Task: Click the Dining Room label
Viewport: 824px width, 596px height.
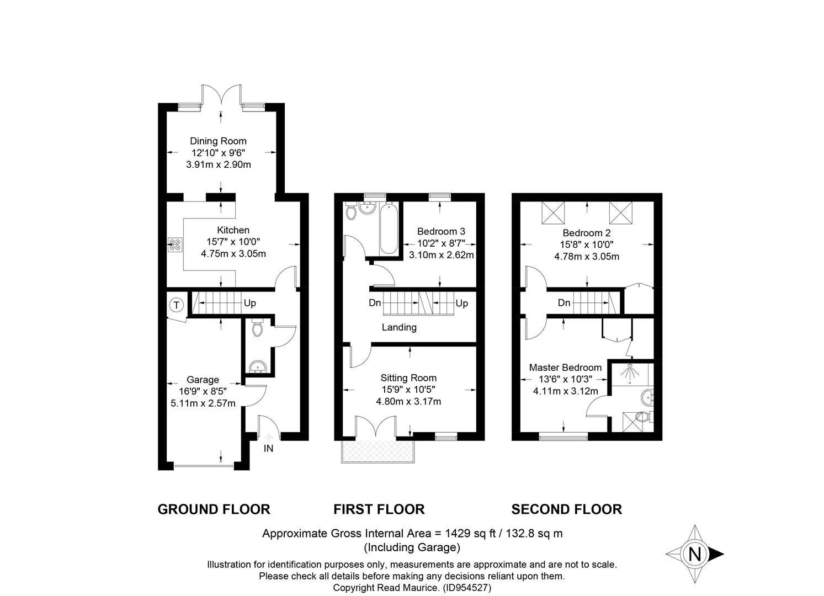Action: click(x=218, y=141)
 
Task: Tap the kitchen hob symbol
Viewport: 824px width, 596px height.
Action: click(x=175, y=244)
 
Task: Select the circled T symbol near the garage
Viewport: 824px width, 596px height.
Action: click(x=177, y=305)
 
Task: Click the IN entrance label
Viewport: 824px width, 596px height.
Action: click(x=268, y=449)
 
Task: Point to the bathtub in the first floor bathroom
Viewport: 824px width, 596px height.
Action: click(x=389, y=229)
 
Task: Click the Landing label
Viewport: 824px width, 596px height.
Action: click(x=399, y=327)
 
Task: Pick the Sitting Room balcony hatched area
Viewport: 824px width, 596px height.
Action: click(x=378, y=451)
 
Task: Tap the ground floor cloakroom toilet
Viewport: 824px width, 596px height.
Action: click(x=258, y=328)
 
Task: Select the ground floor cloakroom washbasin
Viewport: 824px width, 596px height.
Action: click(x=258, y=367)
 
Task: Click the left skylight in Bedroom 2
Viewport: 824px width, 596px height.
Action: click(x=553, y=212)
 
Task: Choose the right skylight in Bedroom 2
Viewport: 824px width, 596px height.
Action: click(x=620, y=212)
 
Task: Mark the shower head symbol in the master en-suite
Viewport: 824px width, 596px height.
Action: click(x=630, y=372)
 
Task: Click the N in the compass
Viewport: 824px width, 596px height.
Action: click(x=694, y=554)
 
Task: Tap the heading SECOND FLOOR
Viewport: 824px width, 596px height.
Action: click(x=566, y=509)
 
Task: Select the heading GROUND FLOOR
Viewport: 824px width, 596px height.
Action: click(x=214, y=509)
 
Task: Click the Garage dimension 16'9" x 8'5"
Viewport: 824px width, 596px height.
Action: click(x=203, y=391)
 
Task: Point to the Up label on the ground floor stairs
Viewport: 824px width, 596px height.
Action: click(x=250, y=303)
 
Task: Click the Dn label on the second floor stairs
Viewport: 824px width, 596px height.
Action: click(x=564, y=303)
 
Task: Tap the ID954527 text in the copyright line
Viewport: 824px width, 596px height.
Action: click(x=467, y=588)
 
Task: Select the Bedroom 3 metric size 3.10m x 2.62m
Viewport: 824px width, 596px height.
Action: click(x=442, y=255)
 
